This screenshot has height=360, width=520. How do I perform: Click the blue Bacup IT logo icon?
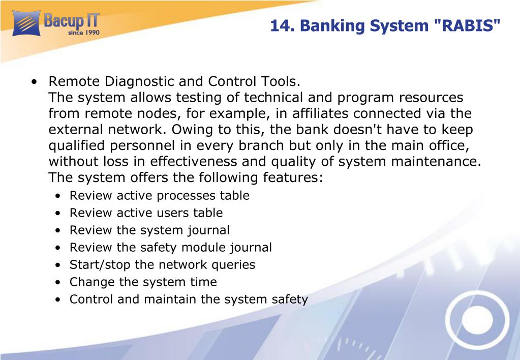coord(26,23)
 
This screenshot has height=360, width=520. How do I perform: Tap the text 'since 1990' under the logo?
coord(84,33)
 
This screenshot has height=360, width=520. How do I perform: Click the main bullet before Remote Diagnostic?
coord(34,82)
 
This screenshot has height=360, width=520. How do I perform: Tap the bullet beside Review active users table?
coord(58,213)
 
